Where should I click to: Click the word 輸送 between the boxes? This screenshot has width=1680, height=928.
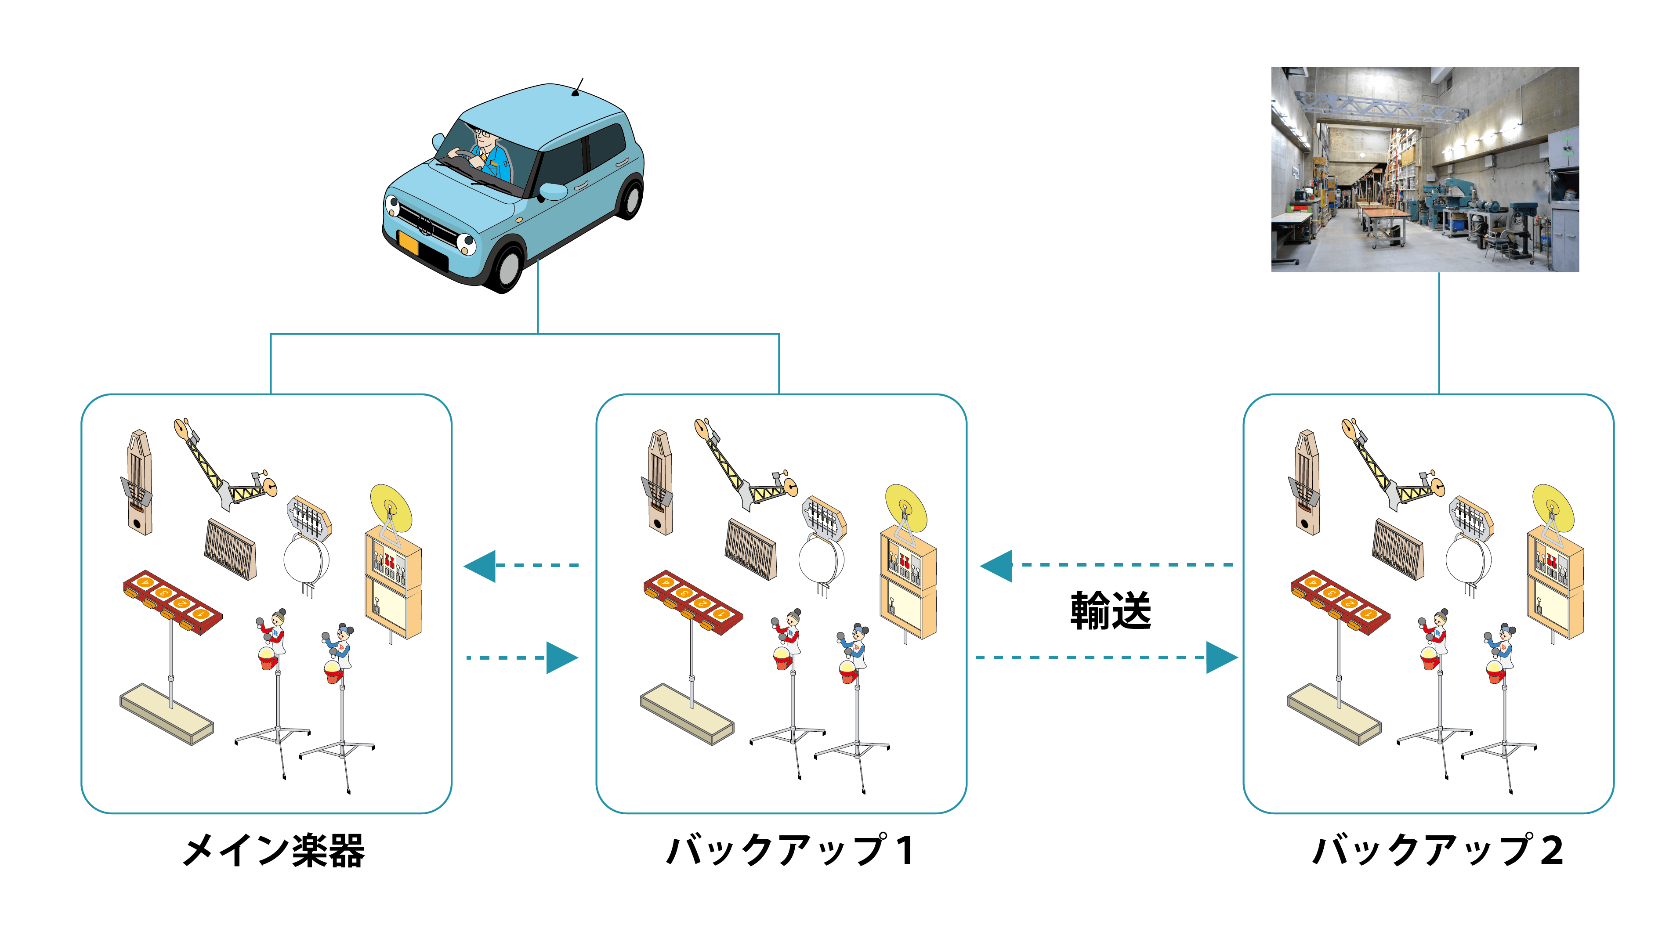tap(1110, 611)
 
